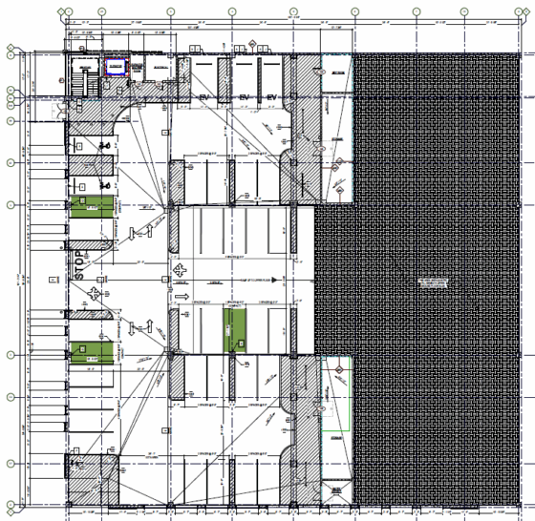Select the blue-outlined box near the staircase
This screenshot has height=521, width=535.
[116, 66]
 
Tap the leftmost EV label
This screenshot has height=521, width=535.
[203, 98]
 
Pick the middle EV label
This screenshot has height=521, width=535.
[244, 98]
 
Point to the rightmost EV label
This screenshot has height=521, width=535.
[271, 98]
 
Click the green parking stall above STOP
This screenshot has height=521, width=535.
[89, 207]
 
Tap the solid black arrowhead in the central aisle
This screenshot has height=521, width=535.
[273, 280]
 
